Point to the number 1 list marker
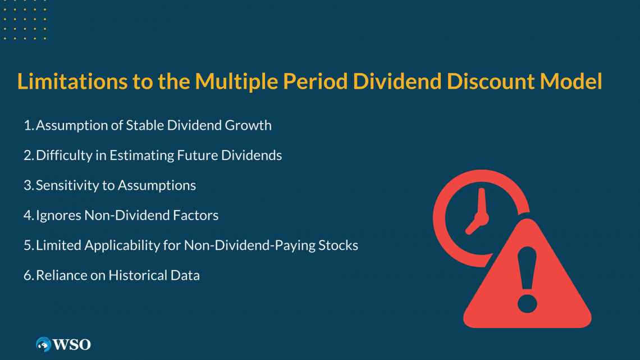point(28,125)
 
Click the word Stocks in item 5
point(340,245)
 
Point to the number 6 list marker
point(28,275)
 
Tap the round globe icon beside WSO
point(43,344)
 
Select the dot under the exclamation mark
point(527,304)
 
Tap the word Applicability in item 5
point(120,245)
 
